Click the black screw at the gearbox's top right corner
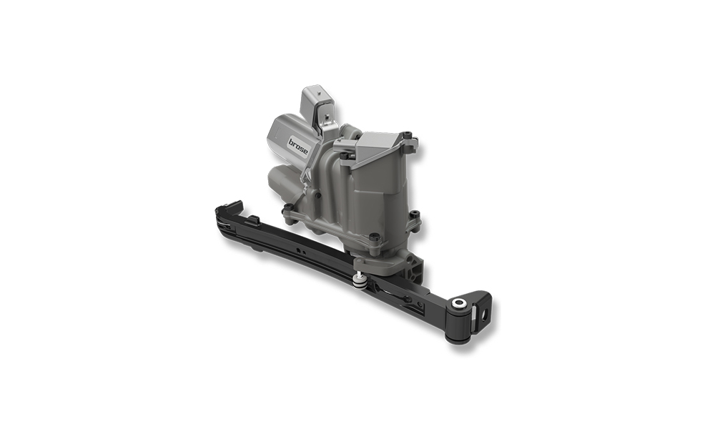(406, 134)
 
